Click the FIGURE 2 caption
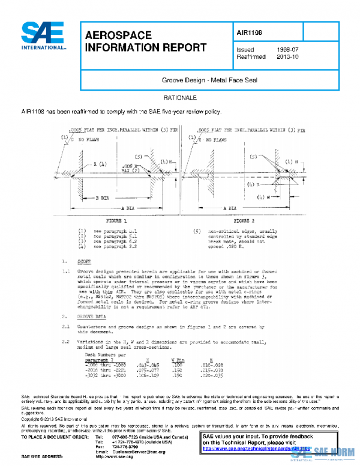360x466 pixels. click(x=250, y=221)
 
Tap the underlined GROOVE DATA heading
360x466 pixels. click(x=95, y=315)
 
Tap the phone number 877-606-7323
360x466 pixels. click(x=127, y=435)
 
